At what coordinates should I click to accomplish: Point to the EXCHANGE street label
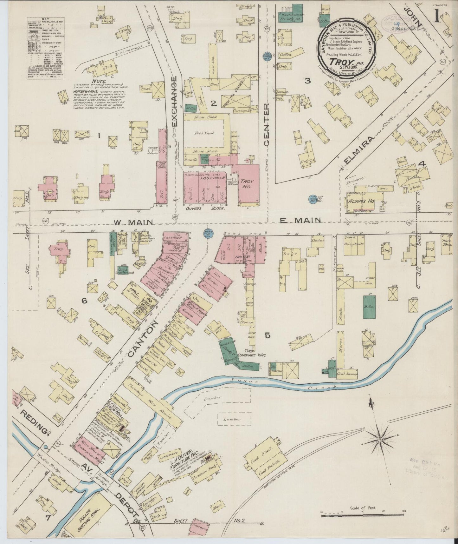174,101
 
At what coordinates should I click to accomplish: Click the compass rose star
380,440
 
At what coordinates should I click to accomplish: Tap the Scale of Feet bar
363,516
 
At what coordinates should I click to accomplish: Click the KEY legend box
46,48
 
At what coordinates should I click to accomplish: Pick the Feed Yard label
204,133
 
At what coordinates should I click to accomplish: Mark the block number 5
268,335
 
